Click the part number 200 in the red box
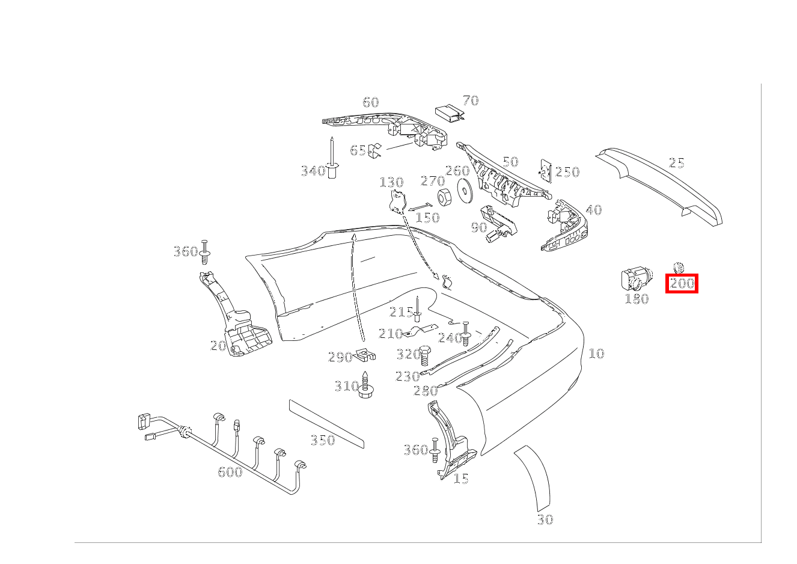coord(682,283)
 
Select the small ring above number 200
coord(679,267)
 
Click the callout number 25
coord(676,163)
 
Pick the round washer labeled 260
coord(464,189)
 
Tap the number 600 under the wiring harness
coord(230,472)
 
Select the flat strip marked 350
coord(326,423)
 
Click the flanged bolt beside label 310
coord(365,386)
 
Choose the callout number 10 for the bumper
coord(596,354)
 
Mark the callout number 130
coord(391,182)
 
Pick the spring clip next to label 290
coord(365,356)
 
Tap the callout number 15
coord(460,479)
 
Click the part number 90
coord(478,227)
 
